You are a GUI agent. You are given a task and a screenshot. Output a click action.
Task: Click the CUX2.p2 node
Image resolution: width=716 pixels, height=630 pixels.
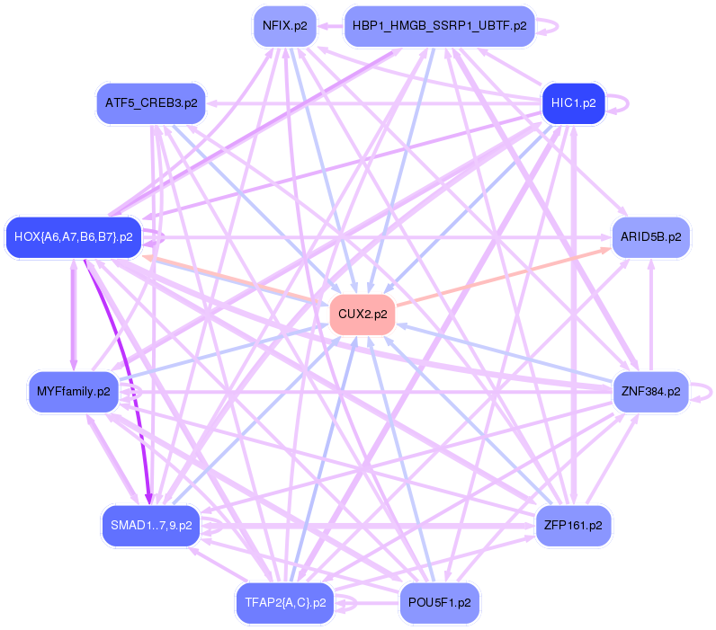point(363,315)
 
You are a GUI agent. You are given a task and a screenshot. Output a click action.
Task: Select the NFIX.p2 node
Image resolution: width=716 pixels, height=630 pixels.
point(284,25)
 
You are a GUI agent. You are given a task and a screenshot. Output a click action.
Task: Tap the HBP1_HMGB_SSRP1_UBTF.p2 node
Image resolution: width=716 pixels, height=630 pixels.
point(439,25)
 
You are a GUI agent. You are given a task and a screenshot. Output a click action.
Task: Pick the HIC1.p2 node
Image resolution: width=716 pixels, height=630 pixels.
point(573,103)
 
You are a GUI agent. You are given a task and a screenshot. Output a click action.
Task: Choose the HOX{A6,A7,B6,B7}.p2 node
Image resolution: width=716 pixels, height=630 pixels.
point(74,237)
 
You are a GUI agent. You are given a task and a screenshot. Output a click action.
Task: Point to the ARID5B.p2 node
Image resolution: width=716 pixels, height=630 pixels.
point(650,237)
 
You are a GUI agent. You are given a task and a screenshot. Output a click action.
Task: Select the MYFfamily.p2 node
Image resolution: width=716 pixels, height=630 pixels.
point(74,392)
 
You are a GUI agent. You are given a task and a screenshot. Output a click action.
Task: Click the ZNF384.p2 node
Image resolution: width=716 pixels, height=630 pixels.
point(650,392)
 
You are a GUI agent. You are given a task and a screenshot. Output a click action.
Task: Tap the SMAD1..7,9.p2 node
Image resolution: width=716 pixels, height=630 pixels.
point(151,525)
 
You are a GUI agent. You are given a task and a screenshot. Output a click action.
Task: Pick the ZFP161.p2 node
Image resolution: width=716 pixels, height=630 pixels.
point(573,525)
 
